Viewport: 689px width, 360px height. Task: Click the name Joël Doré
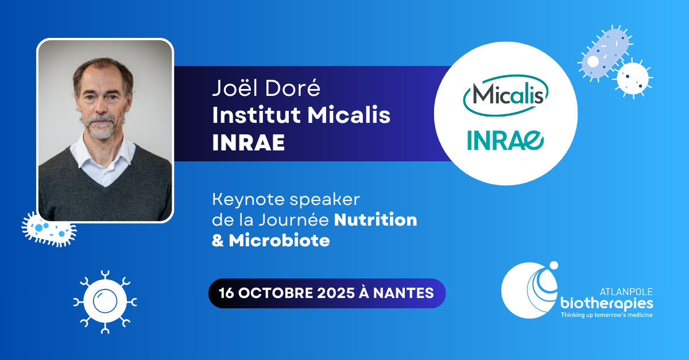click(266, 88)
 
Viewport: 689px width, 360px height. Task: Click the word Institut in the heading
click(256, 115)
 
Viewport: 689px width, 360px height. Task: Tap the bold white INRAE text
click(249, 142)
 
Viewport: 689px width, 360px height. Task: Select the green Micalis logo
click(506, 95)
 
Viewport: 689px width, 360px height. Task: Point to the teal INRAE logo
click(505, 140)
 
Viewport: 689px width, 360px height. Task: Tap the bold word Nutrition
click(376, 220)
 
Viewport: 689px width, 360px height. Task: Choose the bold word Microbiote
click(279, 241)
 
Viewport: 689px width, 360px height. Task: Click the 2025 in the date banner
click(336, 293)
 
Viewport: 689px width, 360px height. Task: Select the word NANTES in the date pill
click(403, 293)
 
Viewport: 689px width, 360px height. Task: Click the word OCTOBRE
click(276, 293)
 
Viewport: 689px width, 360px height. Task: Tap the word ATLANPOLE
click(626, 292)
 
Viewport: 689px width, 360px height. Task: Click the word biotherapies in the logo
click(606, 304)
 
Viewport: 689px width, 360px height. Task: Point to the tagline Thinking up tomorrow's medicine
click(606, 315)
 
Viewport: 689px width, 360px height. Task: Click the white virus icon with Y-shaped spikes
click(105, 301)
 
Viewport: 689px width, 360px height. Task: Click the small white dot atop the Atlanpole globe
click(553, 265)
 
